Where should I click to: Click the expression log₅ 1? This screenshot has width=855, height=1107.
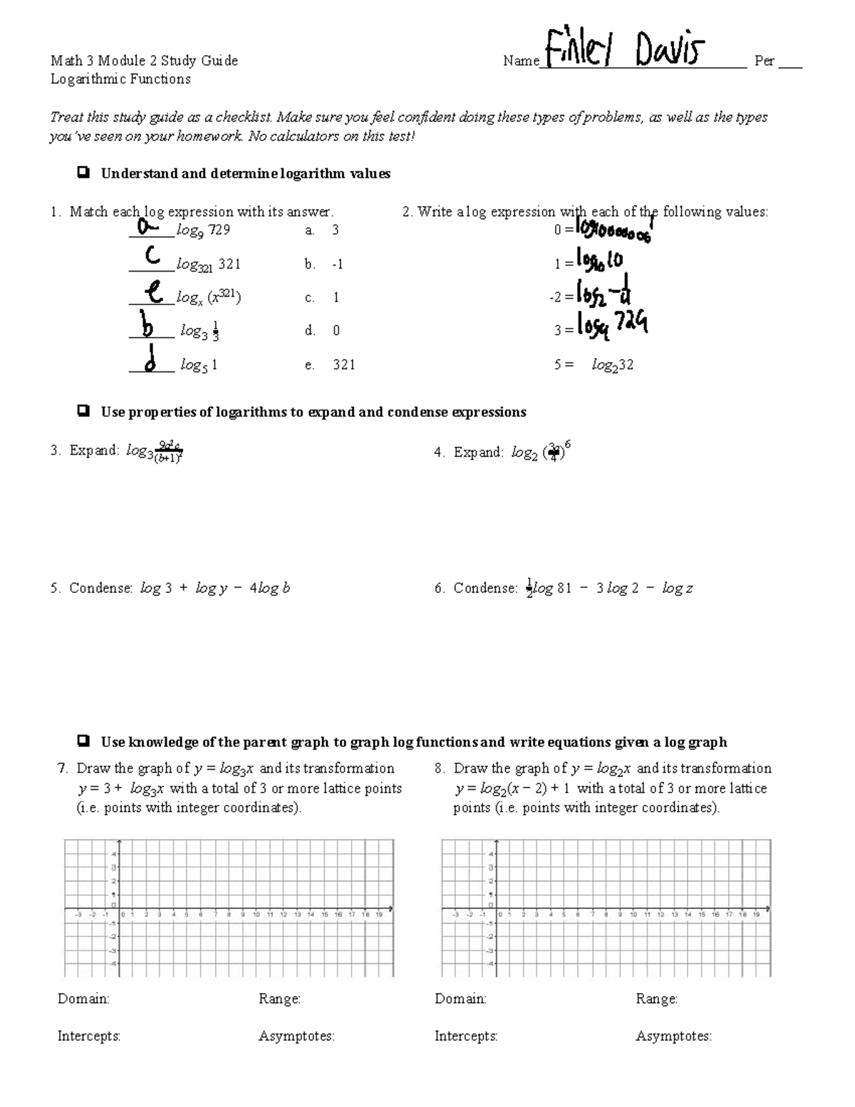(199, 365)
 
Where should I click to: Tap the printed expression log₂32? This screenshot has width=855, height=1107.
(612, 365)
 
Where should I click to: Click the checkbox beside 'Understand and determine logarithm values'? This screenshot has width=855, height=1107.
(83, 173)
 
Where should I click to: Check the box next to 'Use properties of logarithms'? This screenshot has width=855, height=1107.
(83, 411)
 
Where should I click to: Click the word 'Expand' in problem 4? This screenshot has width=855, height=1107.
(478, 452)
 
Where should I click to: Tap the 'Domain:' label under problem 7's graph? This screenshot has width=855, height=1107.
(83, 999)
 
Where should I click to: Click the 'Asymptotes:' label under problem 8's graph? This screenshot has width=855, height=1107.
(673, 1036)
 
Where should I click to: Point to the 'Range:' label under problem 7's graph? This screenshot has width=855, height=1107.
(279, 999)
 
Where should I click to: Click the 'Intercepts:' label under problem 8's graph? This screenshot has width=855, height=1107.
(466, 1036)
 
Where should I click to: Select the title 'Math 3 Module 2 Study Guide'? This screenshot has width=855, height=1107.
(144, 61)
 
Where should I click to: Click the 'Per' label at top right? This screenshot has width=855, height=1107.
(764, 61)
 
